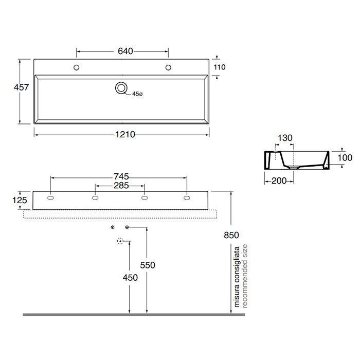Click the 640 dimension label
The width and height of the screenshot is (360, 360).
coord(125,51)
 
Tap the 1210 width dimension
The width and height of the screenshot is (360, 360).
coord(125,135)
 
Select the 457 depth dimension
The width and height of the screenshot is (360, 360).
coord(22,87)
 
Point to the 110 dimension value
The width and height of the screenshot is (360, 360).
coord(220,67)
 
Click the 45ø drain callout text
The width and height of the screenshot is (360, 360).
coord(137,94)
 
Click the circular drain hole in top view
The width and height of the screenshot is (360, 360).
coord(121,88)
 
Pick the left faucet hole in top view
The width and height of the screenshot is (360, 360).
coord(77,67)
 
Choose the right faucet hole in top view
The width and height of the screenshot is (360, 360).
coord(168,67)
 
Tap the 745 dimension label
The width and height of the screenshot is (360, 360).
coord(121,176)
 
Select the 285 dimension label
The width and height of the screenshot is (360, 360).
coord(121,186)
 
